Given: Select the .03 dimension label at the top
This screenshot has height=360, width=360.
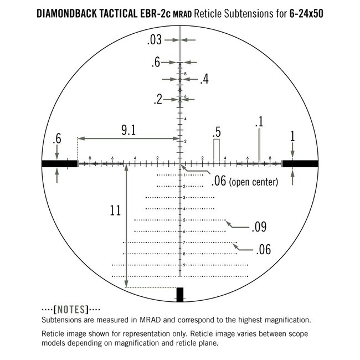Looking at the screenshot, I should (x=155, y=40).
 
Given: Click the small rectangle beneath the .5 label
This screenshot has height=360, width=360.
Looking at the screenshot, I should (x=217, y=150).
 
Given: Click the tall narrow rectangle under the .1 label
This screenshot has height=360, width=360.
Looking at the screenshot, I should (x=259, y=145).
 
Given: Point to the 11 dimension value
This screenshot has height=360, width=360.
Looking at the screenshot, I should (x=115, y=210).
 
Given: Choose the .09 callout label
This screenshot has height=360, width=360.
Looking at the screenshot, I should (x=259, y=227).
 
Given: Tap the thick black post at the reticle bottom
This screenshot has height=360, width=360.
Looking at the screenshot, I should (x=179, y=294).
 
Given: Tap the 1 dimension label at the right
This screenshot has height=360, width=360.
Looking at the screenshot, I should (x=293, y=136).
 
